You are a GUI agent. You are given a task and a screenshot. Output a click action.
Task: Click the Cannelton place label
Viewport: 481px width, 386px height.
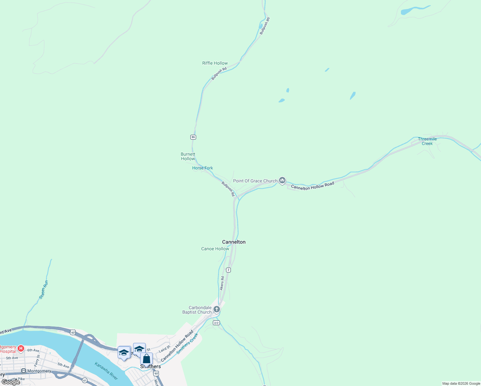coord(234,242)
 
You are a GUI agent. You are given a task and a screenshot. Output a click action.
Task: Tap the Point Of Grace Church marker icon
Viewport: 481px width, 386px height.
coord(282,180)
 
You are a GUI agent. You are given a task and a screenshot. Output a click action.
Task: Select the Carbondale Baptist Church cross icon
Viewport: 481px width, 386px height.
coord(217,309)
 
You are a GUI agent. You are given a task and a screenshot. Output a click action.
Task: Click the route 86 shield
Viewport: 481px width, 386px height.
coord(193,137)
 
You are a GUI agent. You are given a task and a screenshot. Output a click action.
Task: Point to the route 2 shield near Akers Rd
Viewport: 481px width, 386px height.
coord(228,270)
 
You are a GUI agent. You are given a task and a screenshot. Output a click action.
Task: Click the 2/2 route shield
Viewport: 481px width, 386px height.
coord(216,323)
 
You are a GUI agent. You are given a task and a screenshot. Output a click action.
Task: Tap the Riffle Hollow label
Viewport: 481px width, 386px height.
coord(215,63)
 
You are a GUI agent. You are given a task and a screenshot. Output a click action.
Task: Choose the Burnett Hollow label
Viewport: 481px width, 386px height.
coord(188,156)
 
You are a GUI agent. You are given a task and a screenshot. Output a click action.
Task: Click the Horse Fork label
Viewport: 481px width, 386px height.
coord(203,168)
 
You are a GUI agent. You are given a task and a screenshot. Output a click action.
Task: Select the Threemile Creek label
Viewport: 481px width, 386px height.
coord(427,141)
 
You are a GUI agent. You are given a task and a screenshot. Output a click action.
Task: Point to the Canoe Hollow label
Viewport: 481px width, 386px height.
coord(215,249)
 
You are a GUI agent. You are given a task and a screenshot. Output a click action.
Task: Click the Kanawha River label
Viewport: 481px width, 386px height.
coord(106,371)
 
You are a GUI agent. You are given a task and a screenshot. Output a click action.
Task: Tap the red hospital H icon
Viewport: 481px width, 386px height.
coord(21,348)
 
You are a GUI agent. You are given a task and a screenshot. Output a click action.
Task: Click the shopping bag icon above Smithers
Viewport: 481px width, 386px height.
coord(146,359)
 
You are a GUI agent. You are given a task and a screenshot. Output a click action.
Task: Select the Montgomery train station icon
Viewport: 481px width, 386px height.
coord(23,371)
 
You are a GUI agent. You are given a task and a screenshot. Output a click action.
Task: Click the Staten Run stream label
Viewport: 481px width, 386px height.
coord(43,290)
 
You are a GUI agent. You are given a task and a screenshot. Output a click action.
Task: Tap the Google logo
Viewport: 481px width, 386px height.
coord(11,382)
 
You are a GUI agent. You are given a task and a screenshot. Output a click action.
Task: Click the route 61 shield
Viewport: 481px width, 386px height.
coord(84,381)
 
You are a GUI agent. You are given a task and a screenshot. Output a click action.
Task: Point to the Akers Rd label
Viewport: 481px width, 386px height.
coord(222,283)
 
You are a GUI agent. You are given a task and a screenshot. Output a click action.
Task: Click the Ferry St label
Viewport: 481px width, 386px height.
coord(37,361)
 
